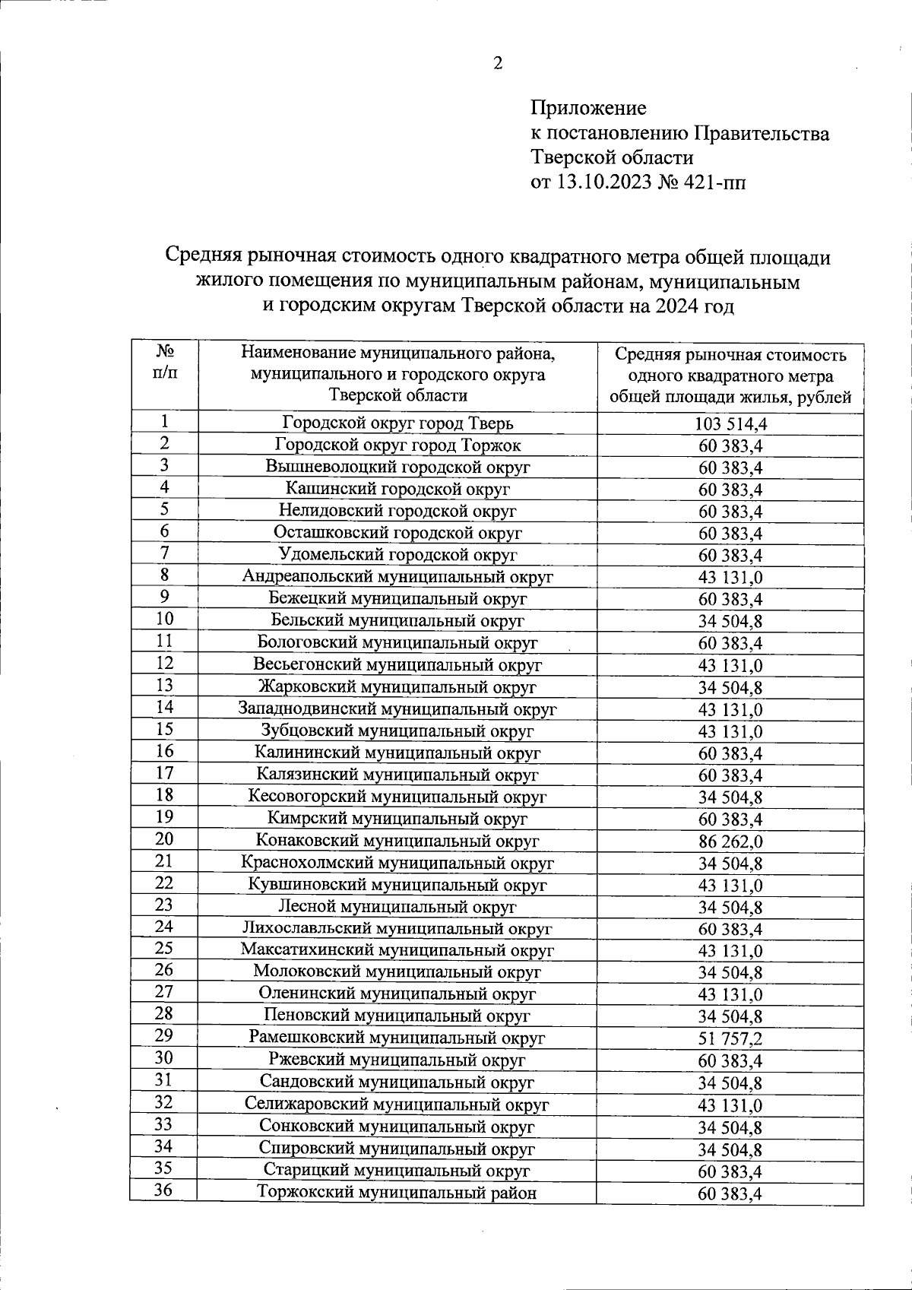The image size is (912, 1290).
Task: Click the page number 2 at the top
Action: coord(498,64)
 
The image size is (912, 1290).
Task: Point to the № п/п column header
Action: coord(164,363)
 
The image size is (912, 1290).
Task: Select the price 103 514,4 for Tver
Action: coord(730,424)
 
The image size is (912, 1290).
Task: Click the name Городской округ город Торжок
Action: coord(397,445)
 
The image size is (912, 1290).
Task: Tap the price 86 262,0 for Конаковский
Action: coord(730,842)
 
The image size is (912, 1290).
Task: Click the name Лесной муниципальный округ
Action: coord(397,907)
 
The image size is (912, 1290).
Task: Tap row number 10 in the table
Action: coord(164,619)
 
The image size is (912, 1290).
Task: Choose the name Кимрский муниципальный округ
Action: coord(397,819)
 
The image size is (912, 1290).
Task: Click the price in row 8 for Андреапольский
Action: coord(730,578)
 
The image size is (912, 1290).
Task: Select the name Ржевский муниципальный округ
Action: coord(397,1060)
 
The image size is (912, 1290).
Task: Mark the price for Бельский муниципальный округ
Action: coord(730,622)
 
